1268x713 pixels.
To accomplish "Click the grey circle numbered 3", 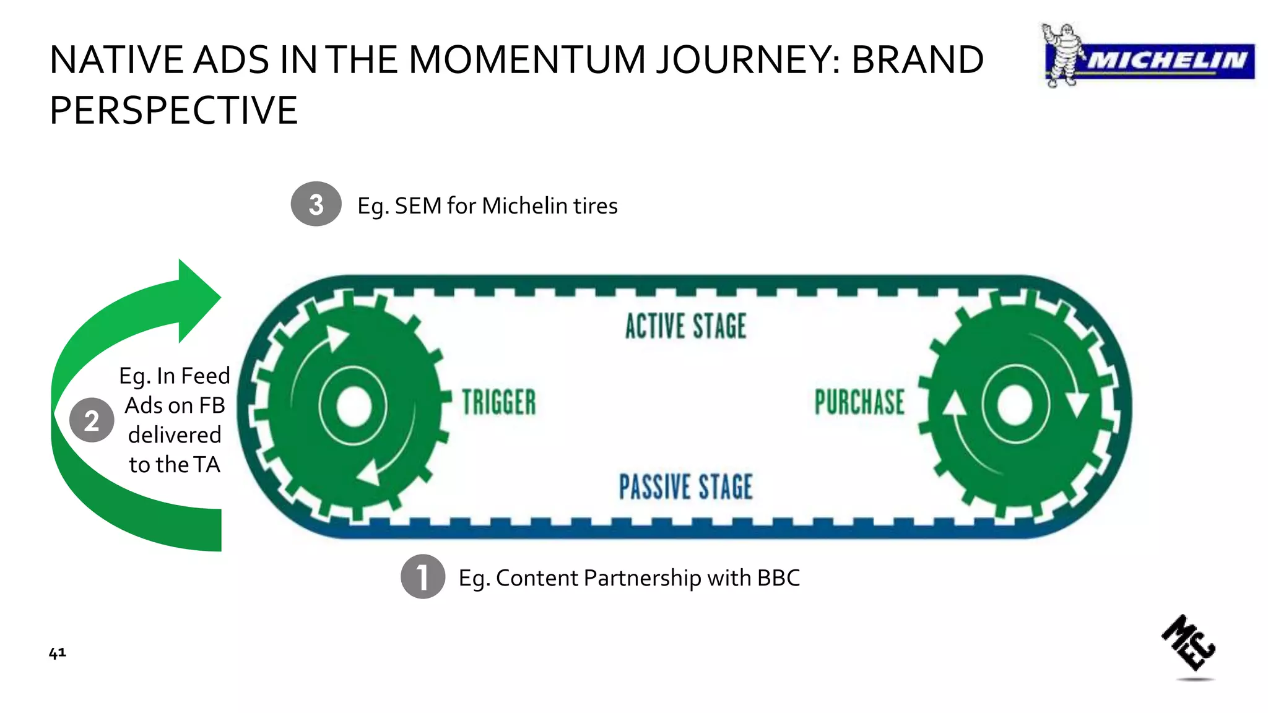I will [x=316, y=204].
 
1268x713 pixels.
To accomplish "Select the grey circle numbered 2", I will [x=92, y=420].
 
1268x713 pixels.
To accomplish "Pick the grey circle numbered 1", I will [x=423, y=576].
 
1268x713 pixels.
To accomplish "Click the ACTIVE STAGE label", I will [x=685, y=326].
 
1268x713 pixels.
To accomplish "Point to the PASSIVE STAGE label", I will [x=685, y=486].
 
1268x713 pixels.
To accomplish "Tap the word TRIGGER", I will [x=499, y=402].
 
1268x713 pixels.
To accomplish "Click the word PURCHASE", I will [x=859, y=402].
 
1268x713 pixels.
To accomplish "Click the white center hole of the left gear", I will [x=354, y=407].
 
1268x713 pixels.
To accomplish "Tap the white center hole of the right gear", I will [x=1015, y=405].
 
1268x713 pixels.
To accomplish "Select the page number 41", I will [x=57, y=653].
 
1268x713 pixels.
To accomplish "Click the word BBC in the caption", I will [x=778, y=578].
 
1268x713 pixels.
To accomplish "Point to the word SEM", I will [x=418, y=206].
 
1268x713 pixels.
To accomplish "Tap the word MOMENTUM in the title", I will [x=528, y=60].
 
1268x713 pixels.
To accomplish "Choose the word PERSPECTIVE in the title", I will [x=173, y=111].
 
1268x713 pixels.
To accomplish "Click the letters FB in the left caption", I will [x=212, y=405].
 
